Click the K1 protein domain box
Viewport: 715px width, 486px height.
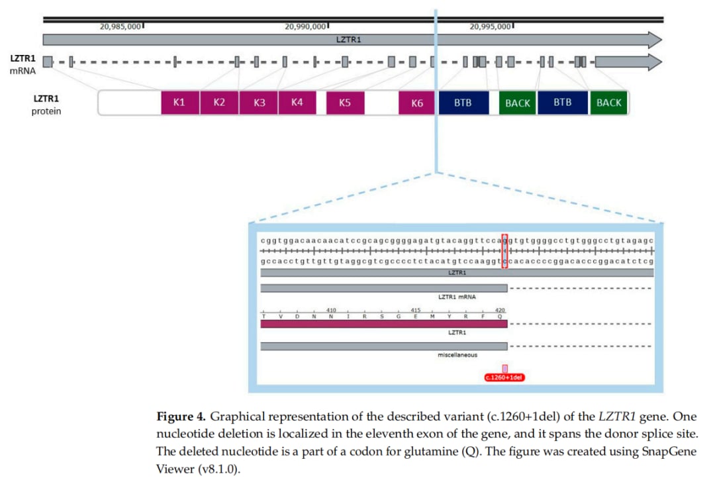[x=179, y=103]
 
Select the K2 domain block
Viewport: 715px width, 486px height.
[x=219, y=103]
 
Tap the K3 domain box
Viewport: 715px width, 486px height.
[x=260, y=103]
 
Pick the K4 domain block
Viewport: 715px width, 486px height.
[x=297, y=103]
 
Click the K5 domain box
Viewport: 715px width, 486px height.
[x=345, y=103]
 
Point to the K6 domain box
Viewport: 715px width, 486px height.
[x=417, y=103]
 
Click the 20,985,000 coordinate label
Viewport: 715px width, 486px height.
[x=120, y=26]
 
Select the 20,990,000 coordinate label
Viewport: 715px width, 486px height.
[x=306, y=26]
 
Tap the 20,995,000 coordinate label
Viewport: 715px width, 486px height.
[x=491, y=26]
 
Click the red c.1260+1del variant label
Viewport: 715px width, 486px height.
[x=504, y=377]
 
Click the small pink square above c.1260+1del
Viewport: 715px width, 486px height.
[x=504, y=368]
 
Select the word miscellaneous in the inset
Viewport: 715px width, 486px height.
[x=457, y=355]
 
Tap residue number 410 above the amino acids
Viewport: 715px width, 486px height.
[x=331, y=310]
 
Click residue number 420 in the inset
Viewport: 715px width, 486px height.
[x=500, y=310]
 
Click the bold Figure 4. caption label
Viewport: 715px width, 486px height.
[x=181, y=416]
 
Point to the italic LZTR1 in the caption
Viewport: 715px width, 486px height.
[x=616, y=416]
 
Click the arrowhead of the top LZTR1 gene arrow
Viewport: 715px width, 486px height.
[x=655, y=40]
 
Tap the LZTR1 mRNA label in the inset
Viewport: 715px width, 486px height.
[x=457, y=297]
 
